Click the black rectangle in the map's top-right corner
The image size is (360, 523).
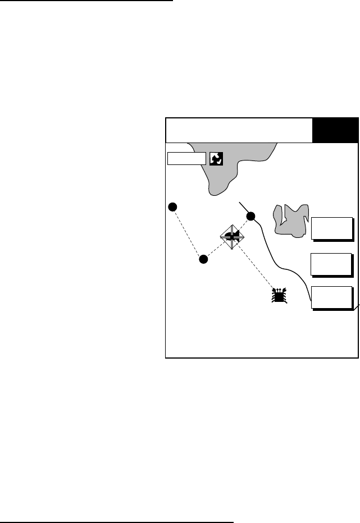tap(335, 130)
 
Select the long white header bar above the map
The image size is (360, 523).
tap(239, 130)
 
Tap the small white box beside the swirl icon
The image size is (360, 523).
tap(186, 159)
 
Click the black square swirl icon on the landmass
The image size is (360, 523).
tap(216, 159)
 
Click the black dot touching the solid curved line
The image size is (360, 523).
tap(251, 216)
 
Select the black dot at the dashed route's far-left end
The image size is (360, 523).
tap(173, 207)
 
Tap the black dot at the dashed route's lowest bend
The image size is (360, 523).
tap(204, 259)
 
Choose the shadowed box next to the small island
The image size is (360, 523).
tap(332, 228)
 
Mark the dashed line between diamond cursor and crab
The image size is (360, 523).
tap(257, 268)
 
